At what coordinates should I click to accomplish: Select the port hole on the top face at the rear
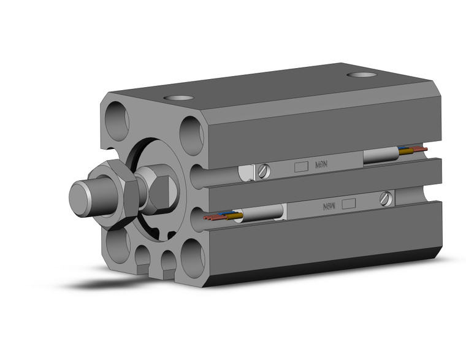tap(362, 75)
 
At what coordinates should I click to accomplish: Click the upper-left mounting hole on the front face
tap(117, 121)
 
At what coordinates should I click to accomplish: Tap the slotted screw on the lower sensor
tap(385, 198)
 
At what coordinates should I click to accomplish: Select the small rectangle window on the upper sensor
tap(300, 166)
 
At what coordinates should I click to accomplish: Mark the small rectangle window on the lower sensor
tap(349, 204)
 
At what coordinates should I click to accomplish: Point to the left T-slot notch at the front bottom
tap(142, 266)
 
